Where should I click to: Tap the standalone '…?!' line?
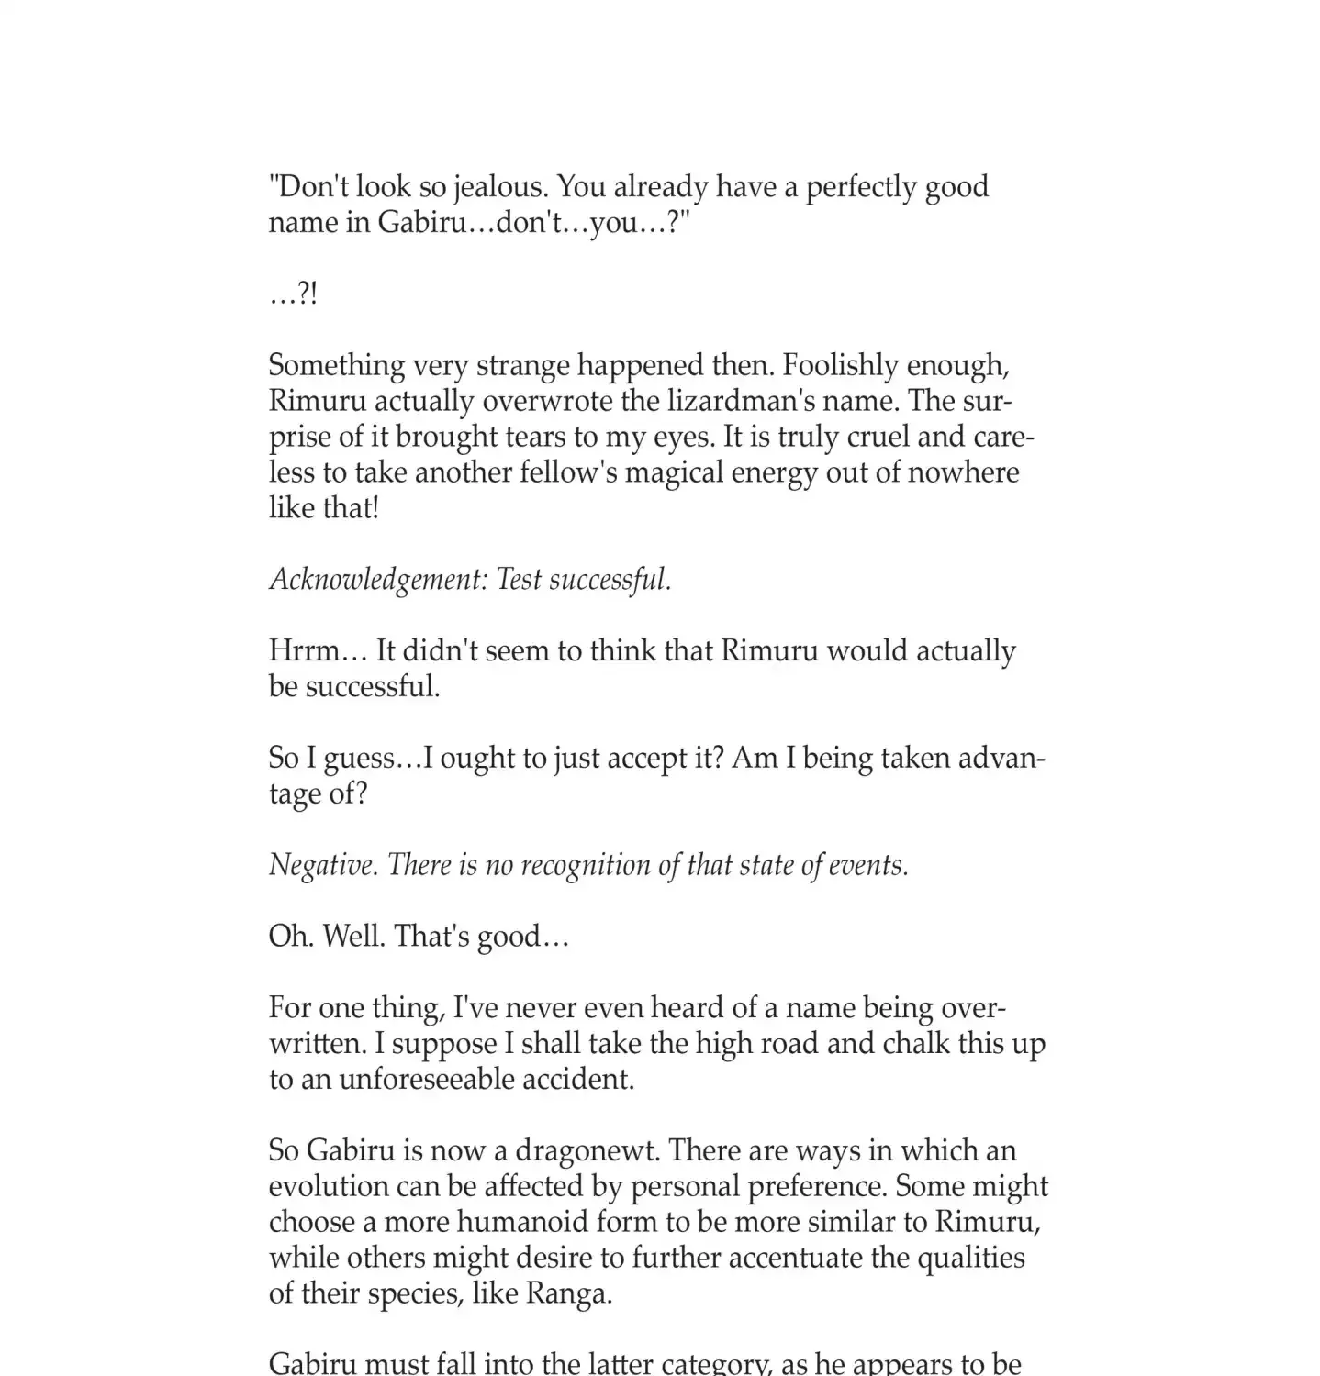293,294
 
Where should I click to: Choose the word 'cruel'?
870,438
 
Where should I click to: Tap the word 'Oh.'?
291,937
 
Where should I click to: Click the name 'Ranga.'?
568,1294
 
